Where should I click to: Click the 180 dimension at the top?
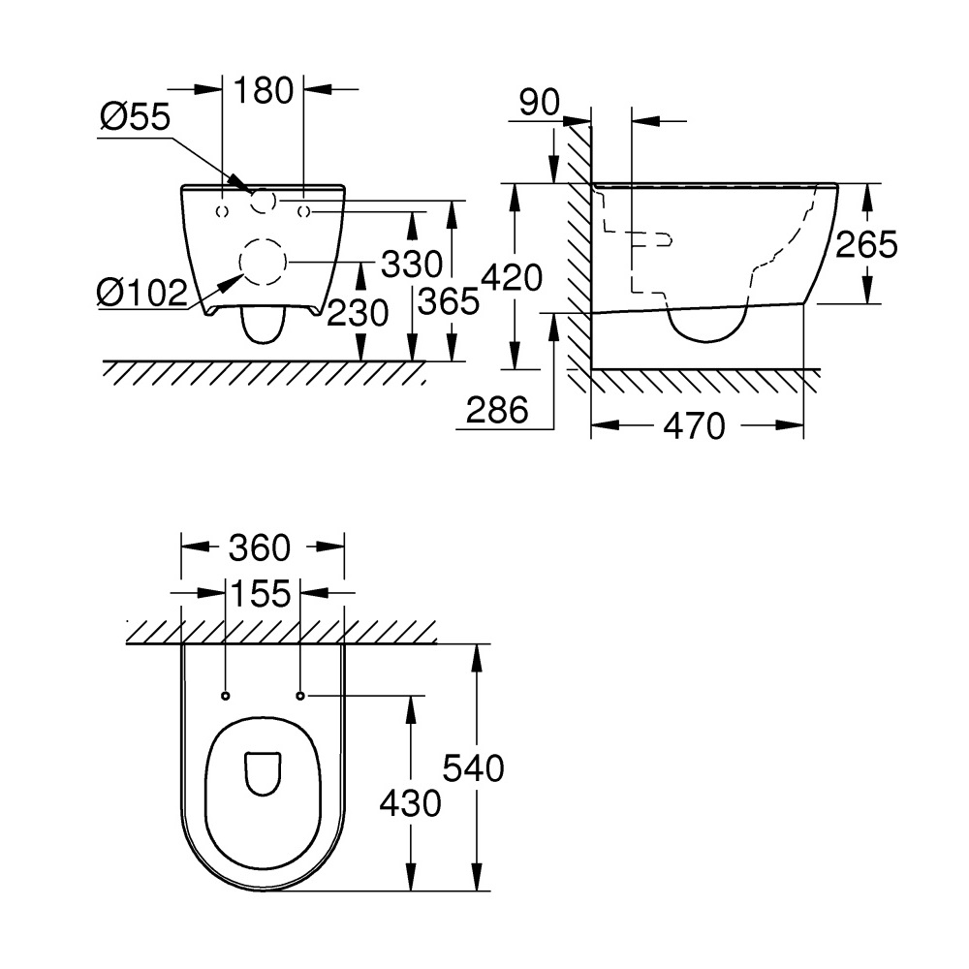pyautogui.click(x=264, y=90)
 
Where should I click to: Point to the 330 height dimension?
pyautogui.click(x=412, y=264)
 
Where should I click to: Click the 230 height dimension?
pyautogui.click(x=358, y=312)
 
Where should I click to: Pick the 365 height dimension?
pyautogui.click(x=449, y=301)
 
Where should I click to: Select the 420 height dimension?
pyautogui.click(x=512, y=277)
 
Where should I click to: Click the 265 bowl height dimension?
pyautogui.click(x=866, y=244)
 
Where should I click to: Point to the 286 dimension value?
pyautogui.click(x=497, y=410)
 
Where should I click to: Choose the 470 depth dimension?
pyautogui.click(x=694, y=426)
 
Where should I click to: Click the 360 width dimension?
pyautogui.click(x=260, y=547)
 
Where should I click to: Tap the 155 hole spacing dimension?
pyautogui.click(x=260, y=593)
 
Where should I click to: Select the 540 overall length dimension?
pyautogui.click(x=474, y=768)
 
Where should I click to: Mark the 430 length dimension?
pyautogui.click(x=410, y=804)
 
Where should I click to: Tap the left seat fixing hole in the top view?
pyautogui.click(x=225, y=697)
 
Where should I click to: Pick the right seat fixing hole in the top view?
pyautogui.click(x=301, y=697)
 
